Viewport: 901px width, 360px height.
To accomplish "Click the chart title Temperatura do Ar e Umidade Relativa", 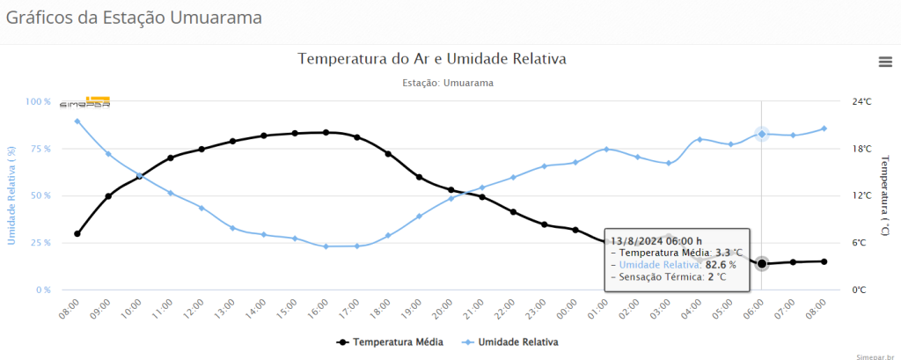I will pos(431,59).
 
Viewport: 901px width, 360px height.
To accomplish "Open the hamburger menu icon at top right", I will pos(885,61).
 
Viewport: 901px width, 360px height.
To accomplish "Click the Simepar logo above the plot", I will pos(85,102).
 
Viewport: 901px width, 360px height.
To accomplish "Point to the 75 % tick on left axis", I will pos(38,149).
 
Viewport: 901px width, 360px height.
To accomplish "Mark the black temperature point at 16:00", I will pos(326,132).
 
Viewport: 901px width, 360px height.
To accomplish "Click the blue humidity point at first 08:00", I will pos(77,121).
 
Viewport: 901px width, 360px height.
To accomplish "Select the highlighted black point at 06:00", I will pos(762,263).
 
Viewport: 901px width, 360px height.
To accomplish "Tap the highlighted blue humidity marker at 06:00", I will pos(762,134).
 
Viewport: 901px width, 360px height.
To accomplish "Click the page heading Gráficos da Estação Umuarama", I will pos(134,18).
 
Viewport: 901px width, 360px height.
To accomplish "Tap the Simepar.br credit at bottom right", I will pos(875,355).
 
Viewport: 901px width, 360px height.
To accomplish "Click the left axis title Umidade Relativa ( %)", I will pos(11,195).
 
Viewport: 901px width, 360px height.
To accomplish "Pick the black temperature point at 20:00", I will pos(450,190).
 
